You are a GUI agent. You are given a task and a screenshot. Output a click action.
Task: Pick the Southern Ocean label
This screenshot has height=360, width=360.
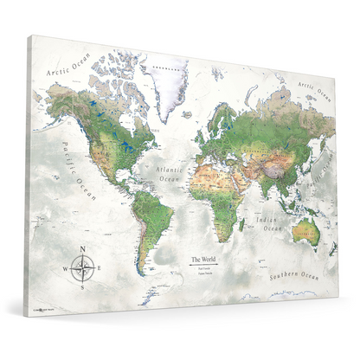coord(294,274)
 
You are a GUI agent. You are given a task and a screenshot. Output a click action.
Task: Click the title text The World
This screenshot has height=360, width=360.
coord(204,259)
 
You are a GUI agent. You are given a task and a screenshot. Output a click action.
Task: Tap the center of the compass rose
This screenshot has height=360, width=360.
coord(83,269)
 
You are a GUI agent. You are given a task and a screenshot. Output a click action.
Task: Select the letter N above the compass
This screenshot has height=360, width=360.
coord(83,250)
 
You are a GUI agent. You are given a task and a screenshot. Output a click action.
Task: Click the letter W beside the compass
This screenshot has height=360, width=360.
coord(65,269)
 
